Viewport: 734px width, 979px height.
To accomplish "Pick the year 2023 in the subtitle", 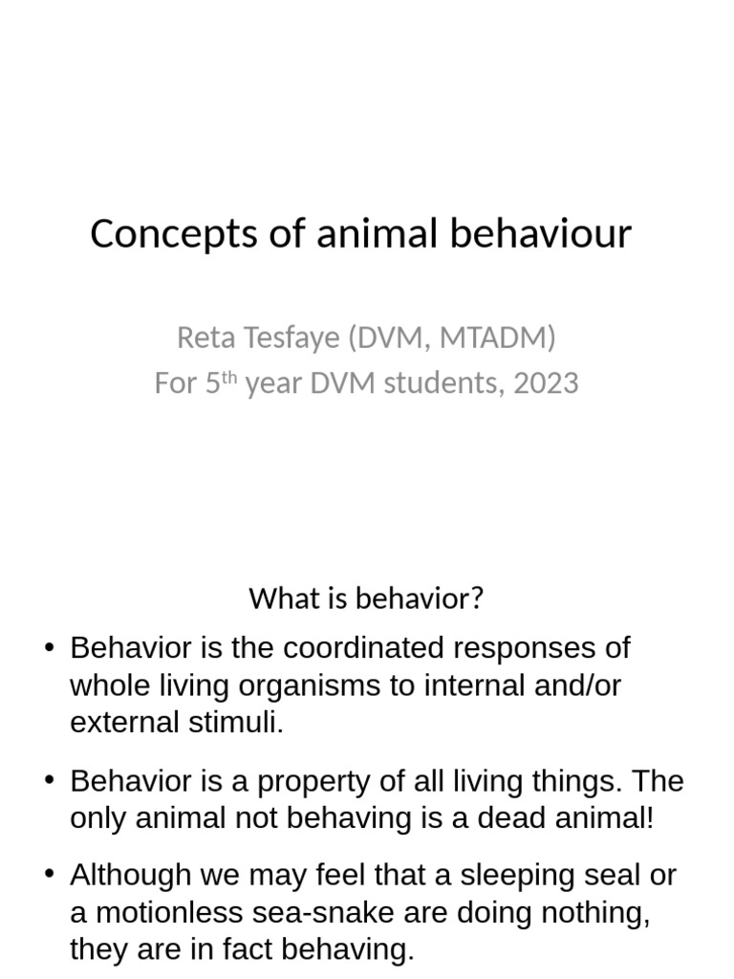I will pos(545,383).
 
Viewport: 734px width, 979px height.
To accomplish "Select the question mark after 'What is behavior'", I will pos(477,598).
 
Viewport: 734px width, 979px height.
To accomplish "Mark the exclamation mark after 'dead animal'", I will pos(650,819).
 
